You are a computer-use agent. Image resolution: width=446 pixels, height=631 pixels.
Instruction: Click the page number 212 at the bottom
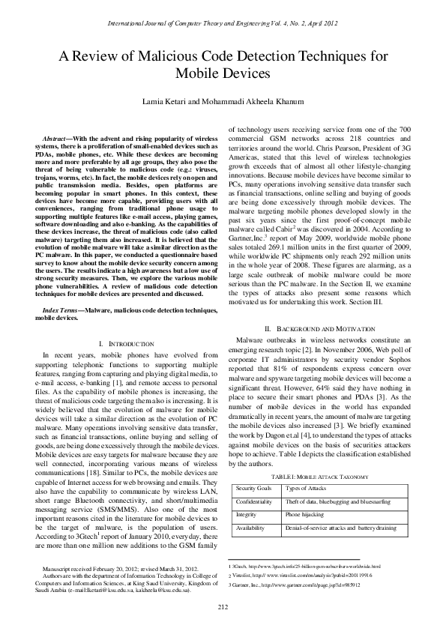223,606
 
